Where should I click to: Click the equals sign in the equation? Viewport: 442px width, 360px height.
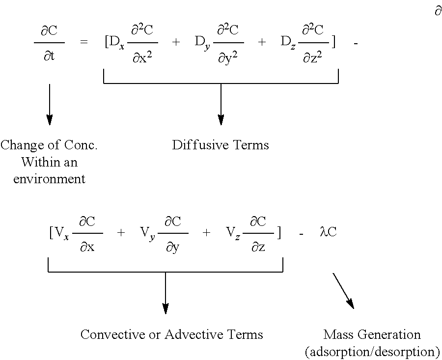[83, 42]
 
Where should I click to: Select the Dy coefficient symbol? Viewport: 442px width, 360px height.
[202, 43]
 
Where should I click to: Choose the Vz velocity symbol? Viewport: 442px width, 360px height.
[233, 233]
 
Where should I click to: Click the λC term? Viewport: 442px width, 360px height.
[328, 232]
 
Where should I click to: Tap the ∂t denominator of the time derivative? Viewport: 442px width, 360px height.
[49, 56]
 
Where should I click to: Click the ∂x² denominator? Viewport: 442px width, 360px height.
[142, 57]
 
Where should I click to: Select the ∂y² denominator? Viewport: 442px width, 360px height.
[228, 58]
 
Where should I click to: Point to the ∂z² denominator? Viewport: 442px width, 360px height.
[312, 57]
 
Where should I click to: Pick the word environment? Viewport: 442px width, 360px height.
[49, 179]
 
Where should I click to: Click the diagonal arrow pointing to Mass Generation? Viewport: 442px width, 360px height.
[343, 291]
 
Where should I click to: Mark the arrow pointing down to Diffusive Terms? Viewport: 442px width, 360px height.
[221, 104]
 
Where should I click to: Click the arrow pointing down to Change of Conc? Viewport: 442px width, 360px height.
[49, 104]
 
